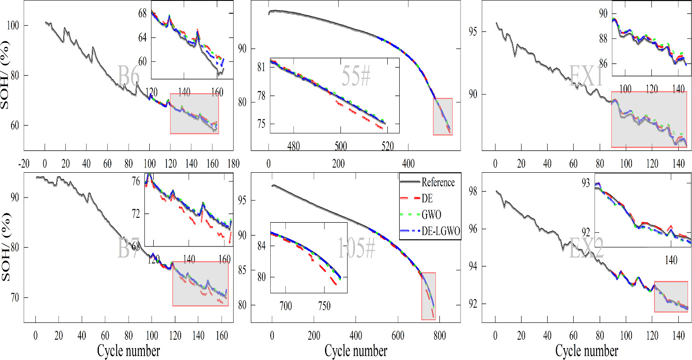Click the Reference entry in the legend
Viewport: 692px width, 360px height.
(438, 182)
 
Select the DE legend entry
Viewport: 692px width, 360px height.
(427, 199)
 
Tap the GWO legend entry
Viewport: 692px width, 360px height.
(431, 215)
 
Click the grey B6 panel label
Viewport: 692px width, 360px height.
(129, 76)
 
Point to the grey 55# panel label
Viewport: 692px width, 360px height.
(356, 76)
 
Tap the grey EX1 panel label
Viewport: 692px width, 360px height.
(586, 76)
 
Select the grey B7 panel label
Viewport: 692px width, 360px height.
(129, 249)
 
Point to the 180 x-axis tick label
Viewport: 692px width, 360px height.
(232, 163)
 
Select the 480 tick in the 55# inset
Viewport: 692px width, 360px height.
(293, 146)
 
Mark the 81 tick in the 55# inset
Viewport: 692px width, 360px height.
(262, 67)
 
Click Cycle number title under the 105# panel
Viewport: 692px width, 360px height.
(355, 351)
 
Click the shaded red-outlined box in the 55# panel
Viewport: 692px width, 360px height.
(442, 117)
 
